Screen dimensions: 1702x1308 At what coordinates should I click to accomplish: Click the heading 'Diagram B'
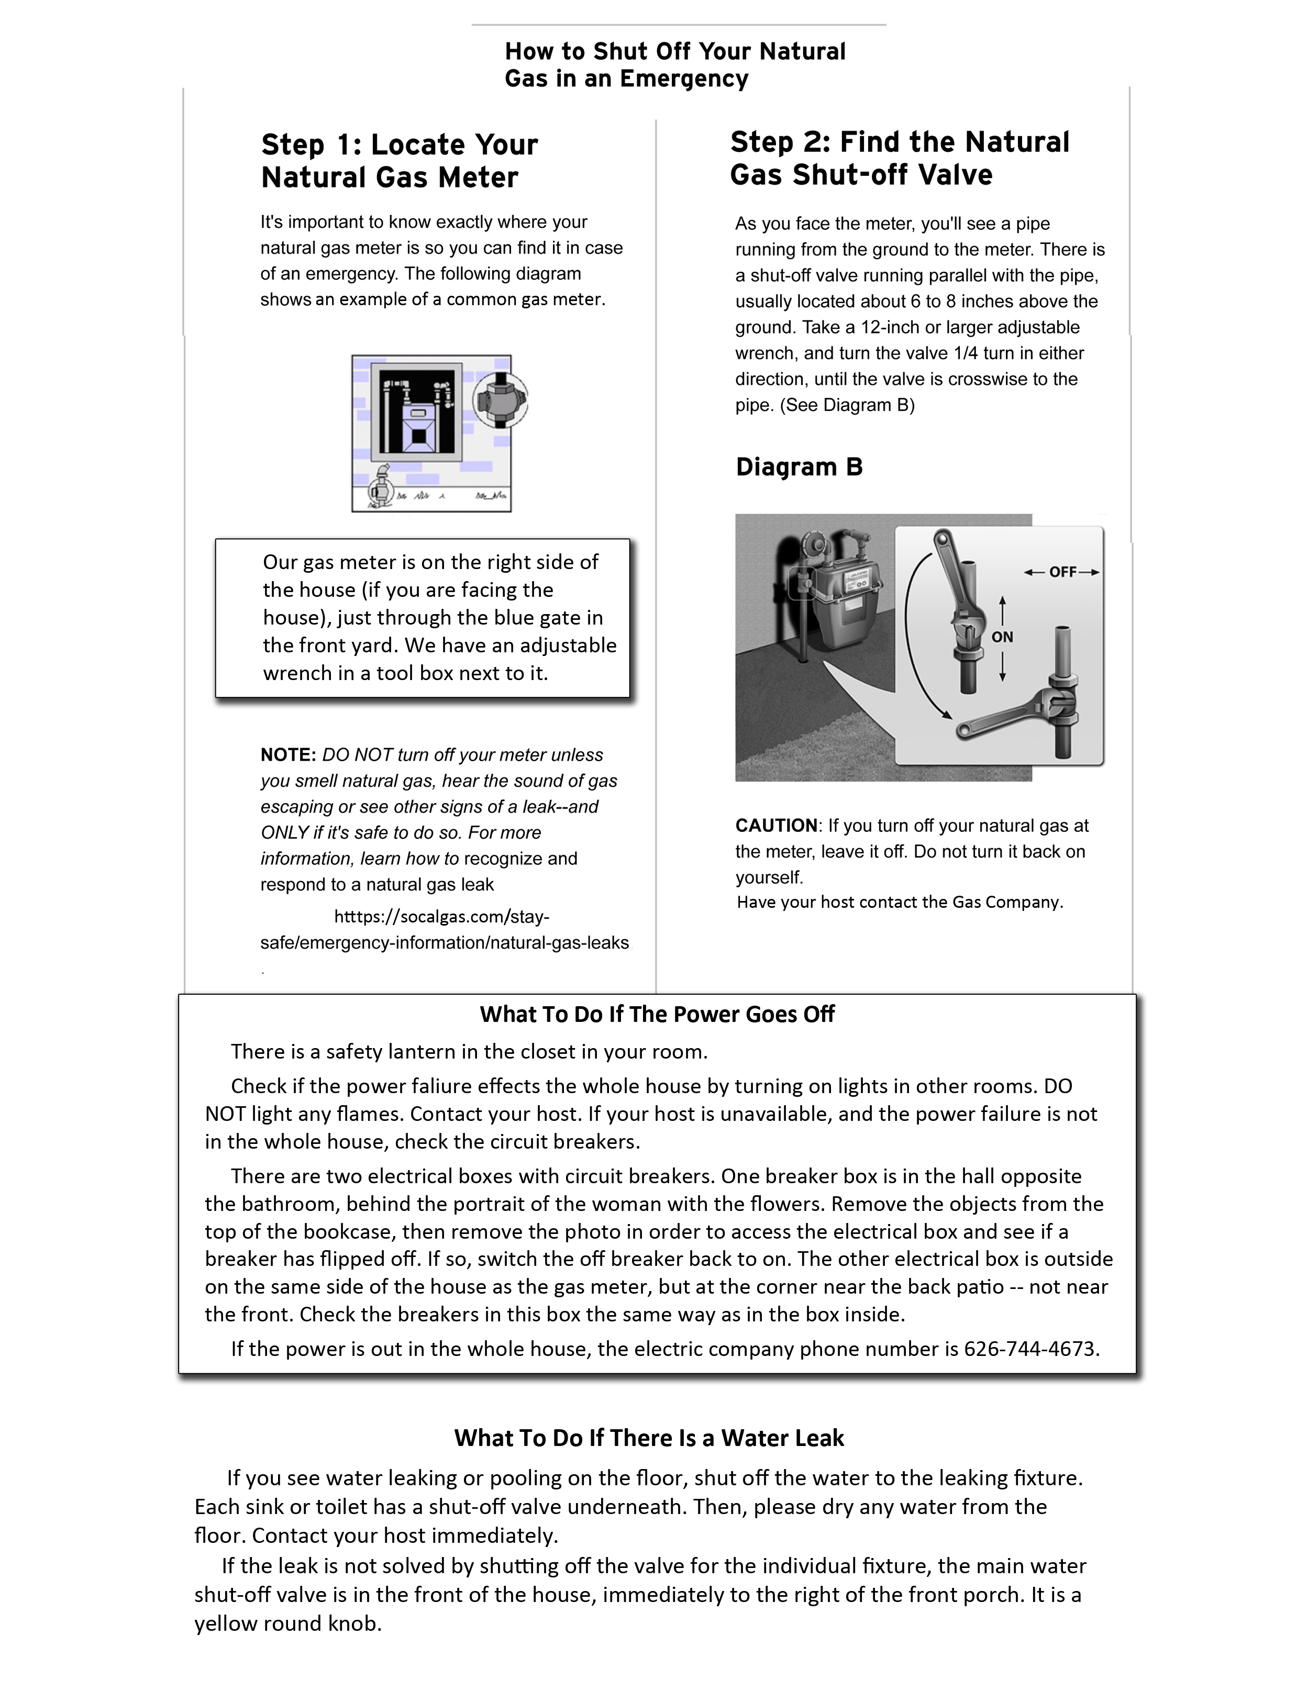pos(799,467)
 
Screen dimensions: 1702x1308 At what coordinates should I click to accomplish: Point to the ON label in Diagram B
pos(1002,637)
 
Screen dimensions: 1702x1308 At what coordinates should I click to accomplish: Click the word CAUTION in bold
pos(776,826)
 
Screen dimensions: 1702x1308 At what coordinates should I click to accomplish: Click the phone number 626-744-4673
pos(1030,1349)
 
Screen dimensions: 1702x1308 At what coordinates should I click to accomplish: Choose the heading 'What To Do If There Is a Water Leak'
pos(649,1438)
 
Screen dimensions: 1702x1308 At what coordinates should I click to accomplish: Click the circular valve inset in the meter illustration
pos(501,401)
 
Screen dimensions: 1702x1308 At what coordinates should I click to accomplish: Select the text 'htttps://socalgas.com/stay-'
pos(441,917)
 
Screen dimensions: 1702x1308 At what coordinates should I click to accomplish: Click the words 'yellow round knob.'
pos(288,1623)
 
